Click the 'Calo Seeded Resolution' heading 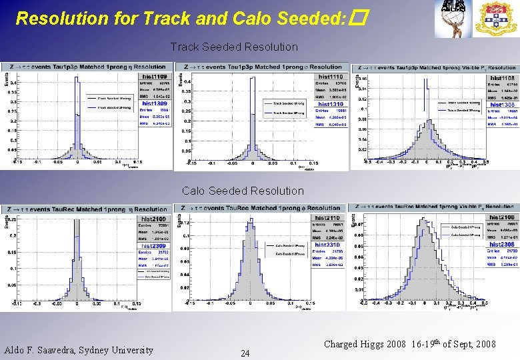coord(243,191)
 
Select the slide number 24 coord(245,353)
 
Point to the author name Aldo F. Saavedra coord(79,350)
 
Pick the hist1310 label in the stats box coord(331,104)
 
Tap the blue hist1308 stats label coord(503,105)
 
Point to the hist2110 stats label coord(328,219)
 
